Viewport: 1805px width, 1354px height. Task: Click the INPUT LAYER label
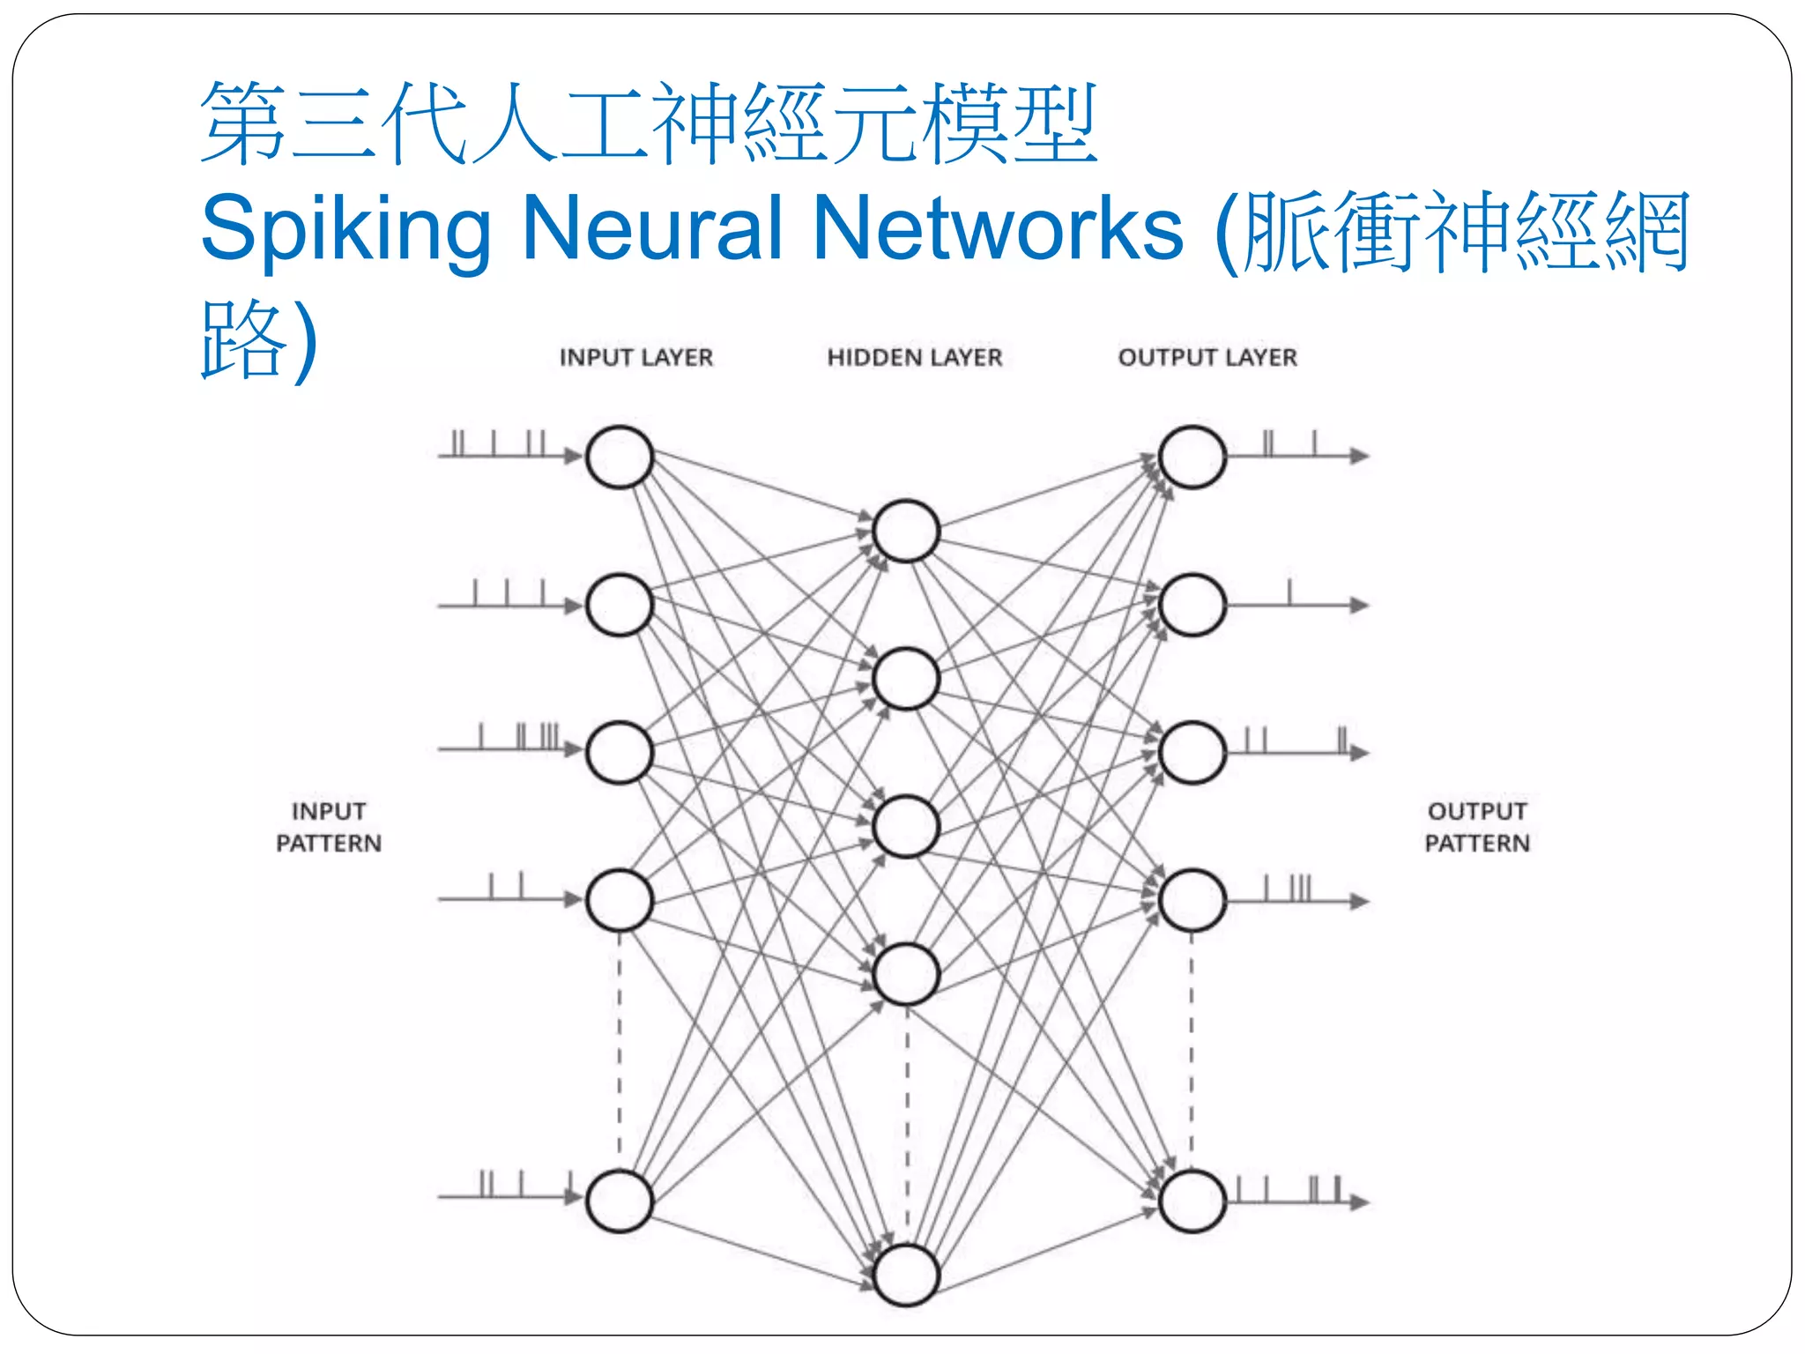(635, 357)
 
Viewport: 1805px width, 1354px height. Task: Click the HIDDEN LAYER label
(914, 357)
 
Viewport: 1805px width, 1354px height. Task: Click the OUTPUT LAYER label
(1207, 357)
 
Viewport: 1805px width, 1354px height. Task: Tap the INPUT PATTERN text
(329, 827)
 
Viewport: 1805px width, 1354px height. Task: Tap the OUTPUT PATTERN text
(1477, 827)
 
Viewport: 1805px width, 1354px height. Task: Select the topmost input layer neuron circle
(620, 457)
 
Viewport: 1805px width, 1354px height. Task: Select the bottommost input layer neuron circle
(620, 1201)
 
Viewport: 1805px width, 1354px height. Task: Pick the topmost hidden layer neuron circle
(905, 531)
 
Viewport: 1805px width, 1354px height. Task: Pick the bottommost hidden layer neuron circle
(905, 1275)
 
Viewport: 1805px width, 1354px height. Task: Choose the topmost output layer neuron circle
(1192, 457)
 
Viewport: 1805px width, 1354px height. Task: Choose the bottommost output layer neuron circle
(1192, 1201)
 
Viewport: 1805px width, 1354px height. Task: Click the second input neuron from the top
(620, 605)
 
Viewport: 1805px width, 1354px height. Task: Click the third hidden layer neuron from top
(905, 827)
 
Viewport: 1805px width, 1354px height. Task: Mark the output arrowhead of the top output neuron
(1360, 456)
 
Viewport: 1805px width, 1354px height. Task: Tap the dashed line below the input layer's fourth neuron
(620, 1049)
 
